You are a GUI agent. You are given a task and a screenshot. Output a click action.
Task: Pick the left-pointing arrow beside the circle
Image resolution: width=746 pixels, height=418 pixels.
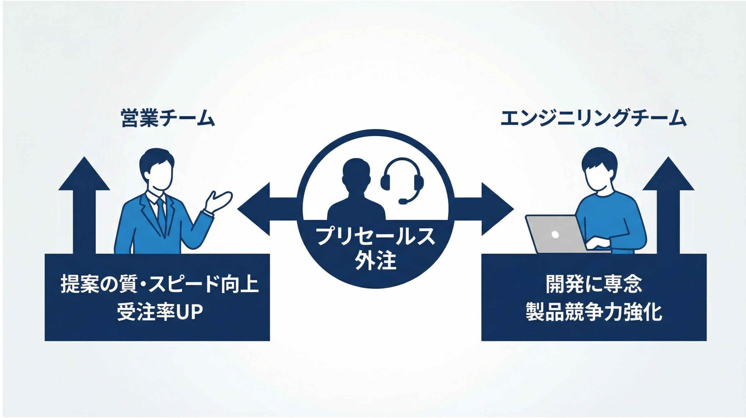(261, 208)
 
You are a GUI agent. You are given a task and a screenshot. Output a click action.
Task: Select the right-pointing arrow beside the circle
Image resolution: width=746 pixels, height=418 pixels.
(489, 208)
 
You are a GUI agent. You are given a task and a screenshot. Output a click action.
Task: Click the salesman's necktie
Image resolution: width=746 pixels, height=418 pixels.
(161, 214)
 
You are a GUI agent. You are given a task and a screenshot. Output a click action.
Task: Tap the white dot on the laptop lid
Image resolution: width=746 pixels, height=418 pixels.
(555, 234)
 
